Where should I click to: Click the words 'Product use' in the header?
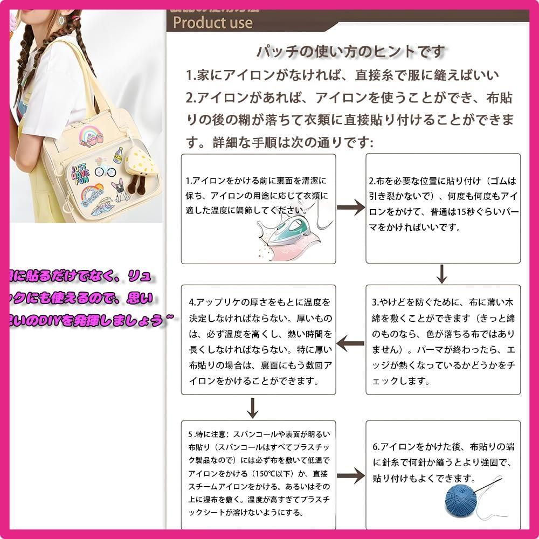click(x=212, y=23)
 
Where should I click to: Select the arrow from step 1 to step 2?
click(x=351, y=209)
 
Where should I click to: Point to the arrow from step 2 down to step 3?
click(x=442, y=274)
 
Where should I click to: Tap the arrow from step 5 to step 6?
click(x=351, y=476)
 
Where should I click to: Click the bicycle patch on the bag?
click(x=105, y=168)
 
